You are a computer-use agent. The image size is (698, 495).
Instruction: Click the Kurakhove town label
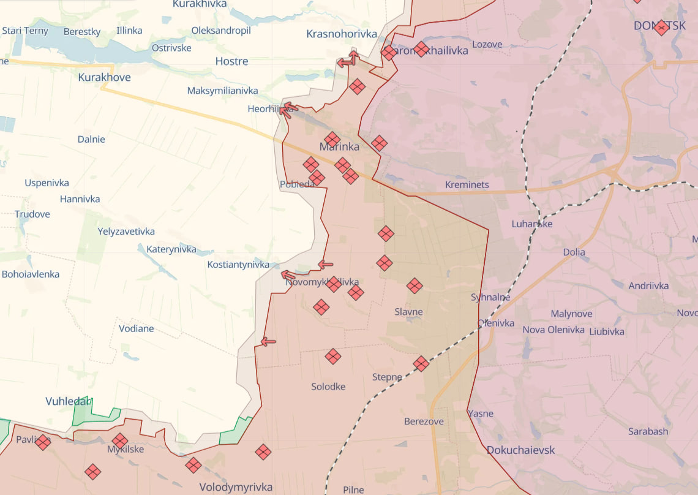tap(104, 78)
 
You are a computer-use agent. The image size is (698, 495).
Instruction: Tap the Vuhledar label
tap(68, 402)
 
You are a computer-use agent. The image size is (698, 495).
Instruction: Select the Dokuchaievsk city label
tap(520, 450)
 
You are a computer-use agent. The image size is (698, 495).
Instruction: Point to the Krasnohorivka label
tap(342, 34)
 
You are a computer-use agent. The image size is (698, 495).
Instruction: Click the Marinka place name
tap(339, 147)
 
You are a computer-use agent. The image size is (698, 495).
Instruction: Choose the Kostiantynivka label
tap(238, 265)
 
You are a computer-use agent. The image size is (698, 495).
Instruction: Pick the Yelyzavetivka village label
tap(126, 232)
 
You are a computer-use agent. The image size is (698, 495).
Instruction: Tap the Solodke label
tap(328, 387)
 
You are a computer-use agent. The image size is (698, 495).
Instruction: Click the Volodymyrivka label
tap(236, 488)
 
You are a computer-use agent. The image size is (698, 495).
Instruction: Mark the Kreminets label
tap(467, 185)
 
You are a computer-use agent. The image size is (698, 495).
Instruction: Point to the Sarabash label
tap(648, 431)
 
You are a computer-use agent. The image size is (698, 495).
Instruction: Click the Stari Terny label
tap(25, 31)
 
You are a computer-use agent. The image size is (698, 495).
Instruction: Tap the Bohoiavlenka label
tap(31, 274)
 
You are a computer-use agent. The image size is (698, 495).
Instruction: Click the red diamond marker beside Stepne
tap(421, 364)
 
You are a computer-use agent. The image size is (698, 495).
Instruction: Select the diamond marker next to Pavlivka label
tap(43, 442)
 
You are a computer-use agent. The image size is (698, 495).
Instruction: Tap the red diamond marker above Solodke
tap(332, 357)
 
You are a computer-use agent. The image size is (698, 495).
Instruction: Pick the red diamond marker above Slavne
tap(415, 285)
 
